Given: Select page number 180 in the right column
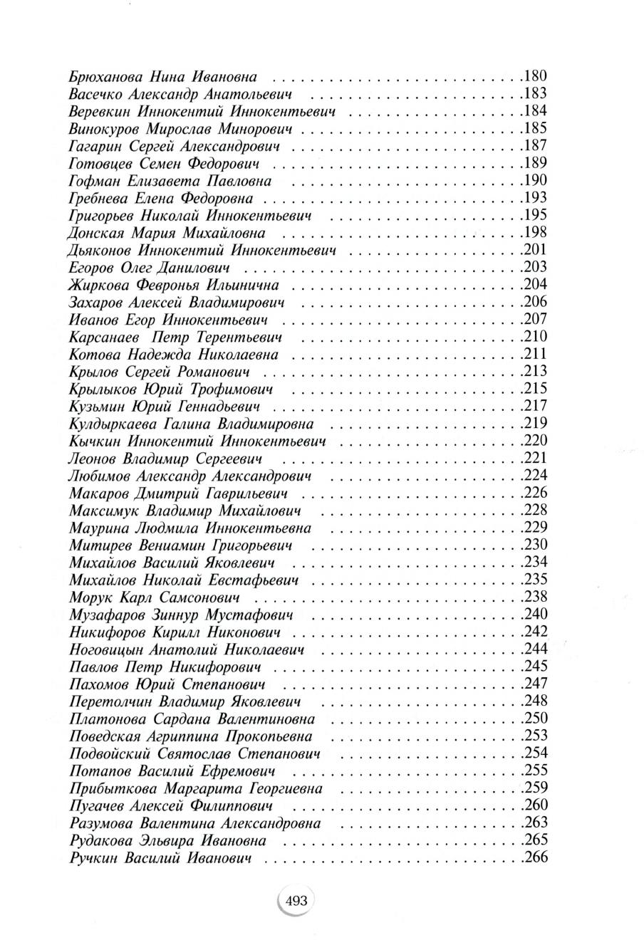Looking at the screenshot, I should click(535, 75).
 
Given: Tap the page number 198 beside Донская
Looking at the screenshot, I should click(535, 232).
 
